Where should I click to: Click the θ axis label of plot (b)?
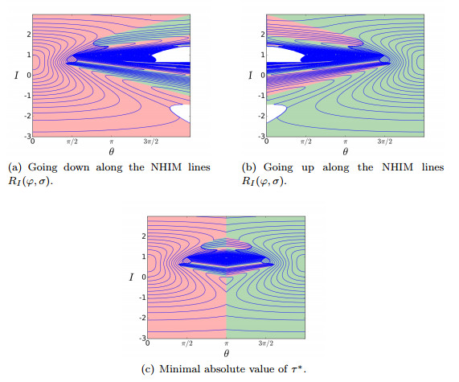click(345, 150)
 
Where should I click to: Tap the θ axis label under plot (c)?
click(227, 352)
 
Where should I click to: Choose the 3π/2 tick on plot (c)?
click(265, 343)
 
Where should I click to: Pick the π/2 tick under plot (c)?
click(187, 343)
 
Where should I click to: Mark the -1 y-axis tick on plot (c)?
click(142, 297)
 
